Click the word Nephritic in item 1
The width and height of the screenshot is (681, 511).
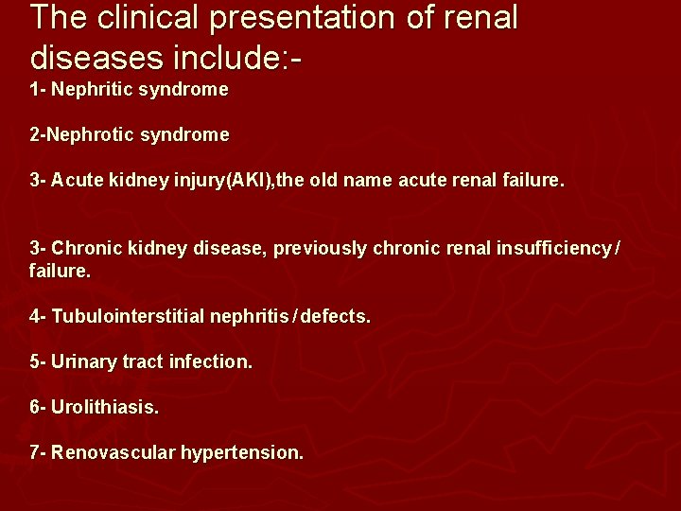[x=91, y=90]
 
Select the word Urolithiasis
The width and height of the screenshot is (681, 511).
[x=105, y=407]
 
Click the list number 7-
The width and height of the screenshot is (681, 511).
[x=38, y=452]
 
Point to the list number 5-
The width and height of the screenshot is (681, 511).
[x=38, y=361]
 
